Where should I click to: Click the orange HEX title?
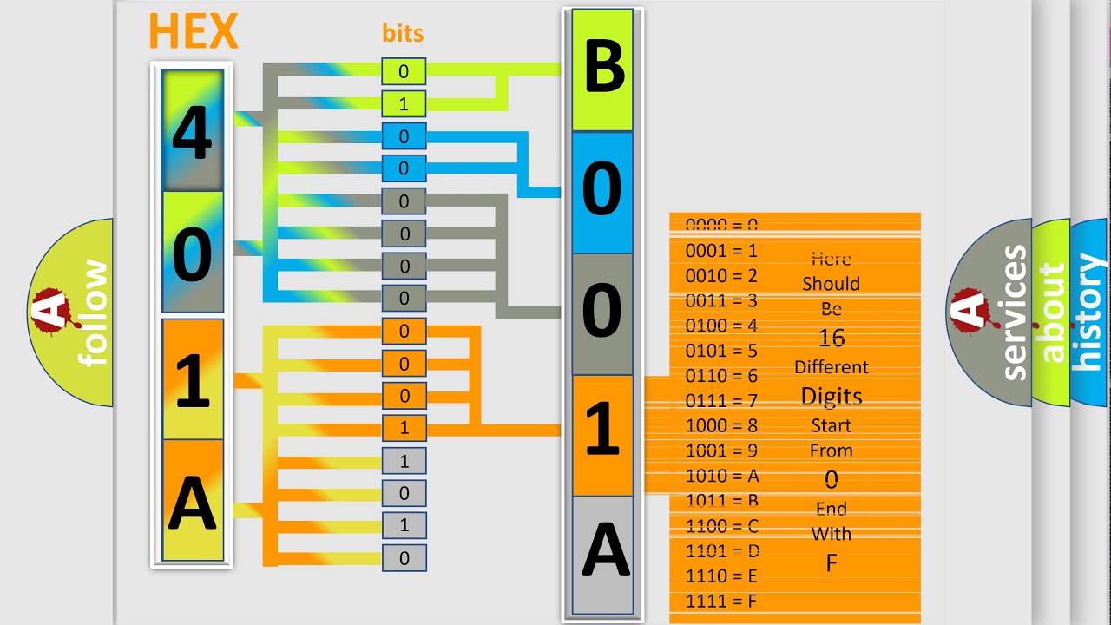click(193, 32)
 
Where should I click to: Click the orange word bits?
click(403, 33)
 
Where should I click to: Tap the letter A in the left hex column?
click(193, 503)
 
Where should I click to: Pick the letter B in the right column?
click(603, 69)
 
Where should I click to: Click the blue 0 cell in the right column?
click(602, 191)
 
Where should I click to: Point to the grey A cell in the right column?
click(602, 554)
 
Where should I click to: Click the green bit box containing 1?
click(404, 104)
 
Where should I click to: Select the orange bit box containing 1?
click(404, 428)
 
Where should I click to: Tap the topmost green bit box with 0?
click(404, 72)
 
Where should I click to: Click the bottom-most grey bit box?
click(404, 558)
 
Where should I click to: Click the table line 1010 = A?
click(722, 476)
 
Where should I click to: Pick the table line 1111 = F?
click(722, 601)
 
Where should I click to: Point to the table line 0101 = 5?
click(722, 351)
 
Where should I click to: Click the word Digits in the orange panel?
click(831, 397)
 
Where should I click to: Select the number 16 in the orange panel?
click(831, 338)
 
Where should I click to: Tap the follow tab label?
click(94, 312)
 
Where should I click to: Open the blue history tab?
click(1091, 312)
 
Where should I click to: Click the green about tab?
click(1051, 312)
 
